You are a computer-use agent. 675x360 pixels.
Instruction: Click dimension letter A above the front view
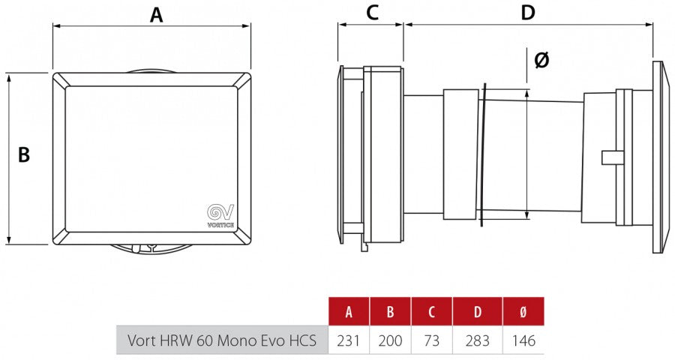[x=156, y=15]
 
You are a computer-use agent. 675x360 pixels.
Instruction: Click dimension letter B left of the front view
[x=24, y=154]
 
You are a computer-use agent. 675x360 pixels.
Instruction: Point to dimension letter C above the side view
[x=372, y=13]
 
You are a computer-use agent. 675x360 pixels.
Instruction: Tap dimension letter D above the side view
[x=528, y=13]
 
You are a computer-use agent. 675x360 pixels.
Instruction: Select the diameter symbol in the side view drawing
[x=541, y=60]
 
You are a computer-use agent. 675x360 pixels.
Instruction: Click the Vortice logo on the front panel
[x=220, y=215]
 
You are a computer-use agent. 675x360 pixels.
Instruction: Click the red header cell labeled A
[x=349, y=311]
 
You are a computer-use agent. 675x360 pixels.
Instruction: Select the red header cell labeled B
[x=390, y=311]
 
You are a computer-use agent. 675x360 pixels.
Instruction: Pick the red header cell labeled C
[x=431, y=311]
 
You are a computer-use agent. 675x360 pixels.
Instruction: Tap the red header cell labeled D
[x=478, y=311]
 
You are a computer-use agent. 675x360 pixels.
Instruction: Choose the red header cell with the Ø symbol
[x=523, y=311]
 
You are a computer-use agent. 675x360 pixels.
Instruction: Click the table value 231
[x=348, y=340]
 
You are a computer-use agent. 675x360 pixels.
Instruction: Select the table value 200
[x=390, y=340]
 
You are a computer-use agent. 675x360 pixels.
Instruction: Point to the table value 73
[x=431, y=340]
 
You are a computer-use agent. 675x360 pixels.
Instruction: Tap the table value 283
[x=478, y=340]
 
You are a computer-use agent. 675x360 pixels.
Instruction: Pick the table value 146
[x=523, y=340]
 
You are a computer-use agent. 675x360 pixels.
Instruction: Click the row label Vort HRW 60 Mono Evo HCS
[x=222, y=340]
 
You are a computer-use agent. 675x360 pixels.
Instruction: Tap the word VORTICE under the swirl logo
[x=220, y=225]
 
